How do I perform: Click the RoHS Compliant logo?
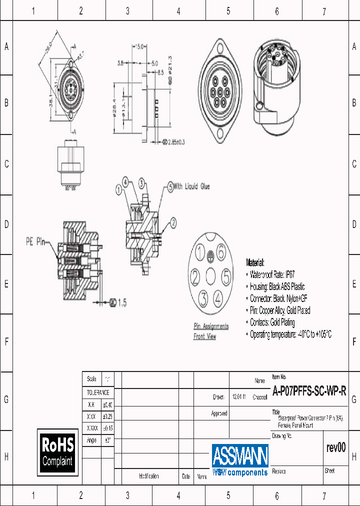pyautogui.click(x=58, y=451)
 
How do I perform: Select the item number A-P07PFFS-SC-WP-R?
pyautogui.click(x=309, y=391)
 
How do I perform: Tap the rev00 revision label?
pyautogui.click(x=335, y=448)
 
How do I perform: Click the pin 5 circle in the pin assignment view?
pyautogui.click(x=226, y=276)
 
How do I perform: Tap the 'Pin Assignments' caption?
pyautogui.click(x=211, y=326)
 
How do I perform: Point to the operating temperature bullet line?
pyautogui.click(x=290, y=334)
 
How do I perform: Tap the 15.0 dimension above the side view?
pyautogui.click(x=139, y=46)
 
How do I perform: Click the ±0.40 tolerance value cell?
pyautogui.click(x=107, y=405)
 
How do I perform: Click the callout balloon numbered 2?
pyautogui.click(x=173, y=222)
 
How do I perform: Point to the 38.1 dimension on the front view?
pyautogui.click(x=51, y=102)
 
